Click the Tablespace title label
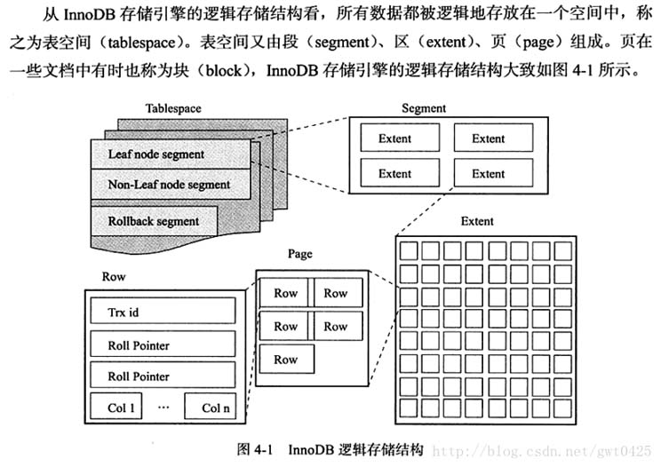pyautogui.click(x=173, y=108)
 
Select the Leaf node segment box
pyautogui.click(x=155, y=154)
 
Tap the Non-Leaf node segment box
pyautogui.click(x=169, y=185)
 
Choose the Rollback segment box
pyautogui.click(x=153, y=220)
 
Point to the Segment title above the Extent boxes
pyautogui.click(x=424, y=108)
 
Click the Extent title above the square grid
pyautogui.click(x=478, y=221)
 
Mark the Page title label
pyautogui.click(x=299, y=254)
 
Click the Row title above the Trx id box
pyautogui.click(x=114, y=277)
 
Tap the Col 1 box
pyautogui.click(x=122, y=408)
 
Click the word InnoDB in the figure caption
pyautogui.click(x=316, y=450)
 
